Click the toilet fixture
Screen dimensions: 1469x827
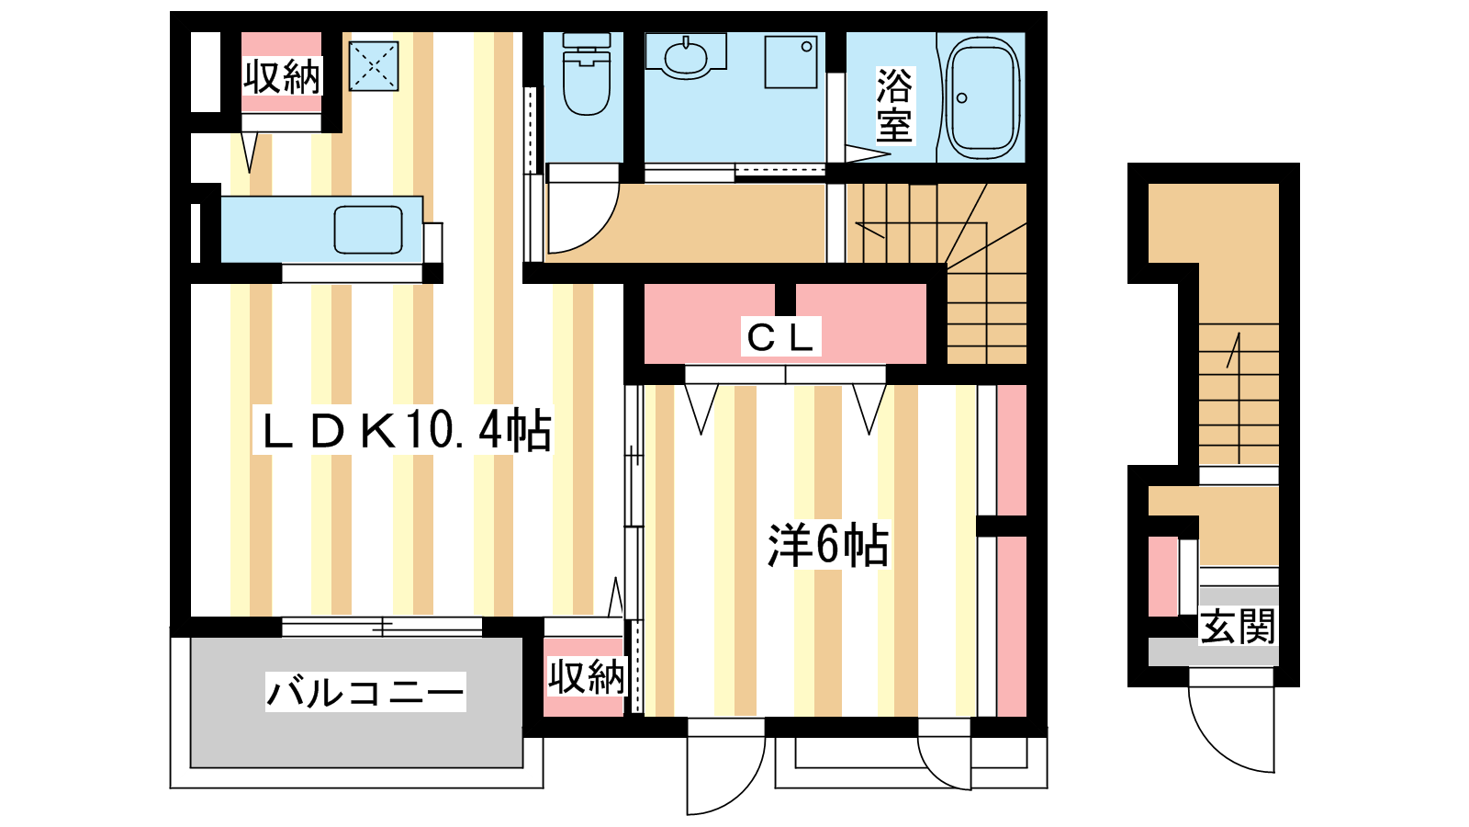(587, 74)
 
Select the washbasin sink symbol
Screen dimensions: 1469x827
(686, 56)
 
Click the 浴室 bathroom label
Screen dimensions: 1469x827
(894, 105)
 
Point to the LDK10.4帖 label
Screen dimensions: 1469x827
(404, 431)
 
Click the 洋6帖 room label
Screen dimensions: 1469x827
(827, 545)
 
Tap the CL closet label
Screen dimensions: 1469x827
(780, 336)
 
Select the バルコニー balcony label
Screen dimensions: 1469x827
(365, 692)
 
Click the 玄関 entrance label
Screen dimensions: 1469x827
(1237, 626)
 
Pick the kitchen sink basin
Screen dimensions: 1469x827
(368, 230)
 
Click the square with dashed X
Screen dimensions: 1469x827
(374, 65)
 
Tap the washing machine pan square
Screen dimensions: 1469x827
(791, 62)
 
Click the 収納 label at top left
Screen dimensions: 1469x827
(281, 76)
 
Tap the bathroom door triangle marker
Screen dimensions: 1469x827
(867, 153)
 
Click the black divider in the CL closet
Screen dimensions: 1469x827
(785, 300)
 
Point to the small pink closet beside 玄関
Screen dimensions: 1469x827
(1162, 576)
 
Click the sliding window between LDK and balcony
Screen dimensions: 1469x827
(382, 626)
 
